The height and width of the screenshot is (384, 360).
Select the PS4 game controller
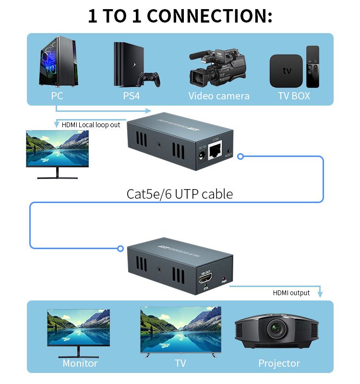click(149, 79)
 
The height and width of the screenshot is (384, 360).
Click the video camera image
click(218, 67)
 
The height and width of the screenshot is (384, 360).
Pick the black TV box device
click(286, 71)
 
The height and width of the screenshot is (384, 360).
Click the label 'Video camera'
click(219, 96)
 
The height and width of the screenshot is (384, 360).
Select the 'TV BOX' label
click(294, 96)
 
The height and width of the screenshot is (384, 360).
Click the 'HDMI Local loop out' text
click(91, 125)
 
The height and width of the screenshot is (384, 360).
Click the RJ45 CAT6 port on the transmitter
click(217, 151)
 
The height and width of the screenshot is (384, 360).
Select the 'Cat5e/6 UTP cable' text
click(180, 194)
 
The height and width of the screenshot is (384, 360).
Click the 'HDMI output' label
click(291, 293)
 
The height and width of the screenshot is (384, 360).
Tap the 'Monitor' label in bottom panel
click(80, 363)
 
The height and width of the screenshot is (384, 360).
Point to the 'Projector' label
click(279, 363)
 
